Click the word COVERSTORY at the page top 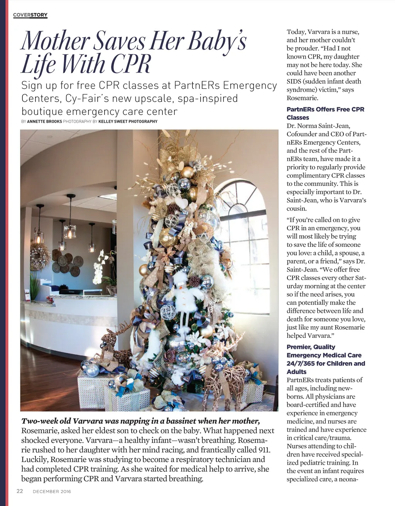click(30, 15)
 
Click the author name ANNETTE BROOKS click(44, 121)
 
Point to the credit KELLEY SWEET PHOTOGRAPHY click(128, 121)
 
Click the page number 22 click(20, 491)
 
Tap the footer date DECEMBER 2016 click(52, 491)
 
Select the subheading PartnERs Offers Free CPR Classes click(325, 113)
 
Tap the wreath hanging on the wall click(40, 256)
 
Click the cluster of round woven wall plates click(66, 262)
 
